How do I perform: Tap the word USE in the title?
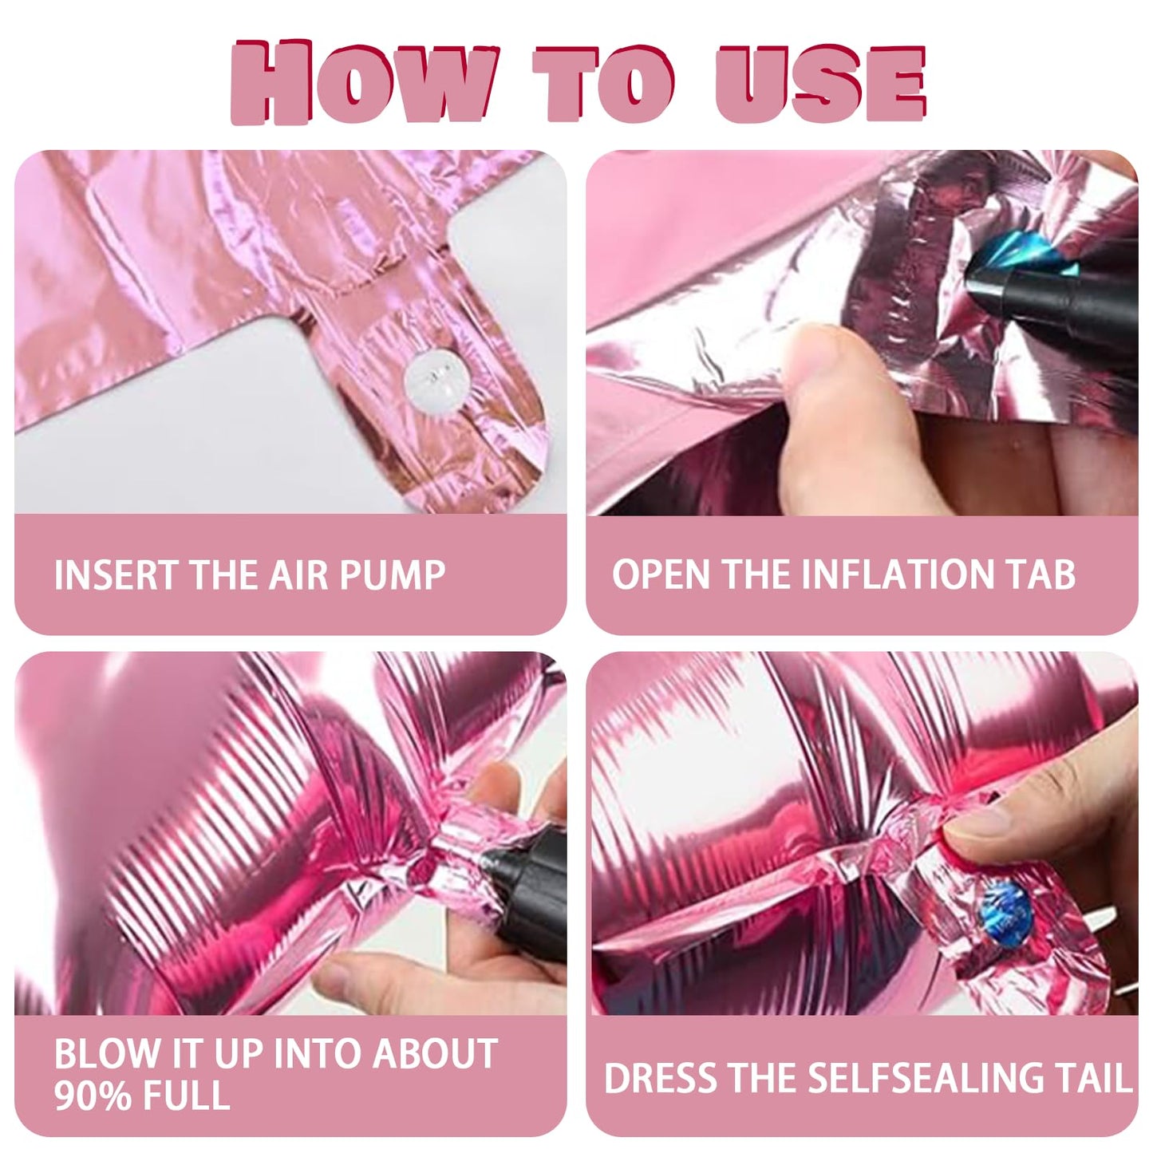coord(819,82)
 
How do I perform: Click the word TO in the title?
coord(605,82)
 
